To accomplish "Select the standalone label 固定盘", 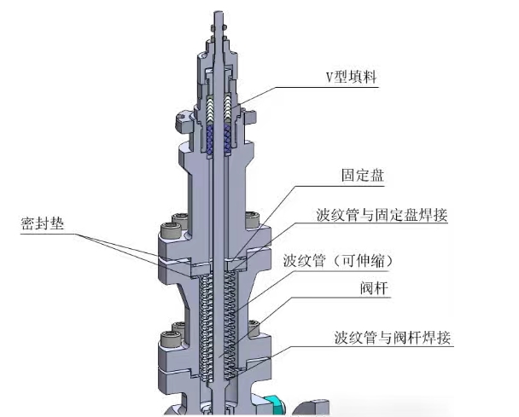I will pos(361,177).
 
